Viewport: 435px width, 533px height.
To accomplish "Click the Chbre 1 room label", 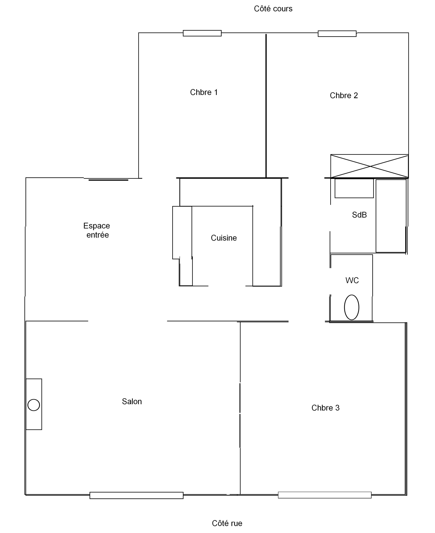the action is point(204,92).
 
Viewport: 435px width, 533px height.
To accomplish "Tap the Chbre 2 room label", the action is point(344,95).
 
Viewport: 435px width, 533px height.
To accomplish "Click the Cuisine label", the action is point(224,238).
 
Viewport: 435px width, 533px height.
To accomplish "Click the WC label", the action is point(352,280).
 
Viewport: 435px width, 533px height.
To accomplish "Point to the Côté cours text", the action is point(273,9).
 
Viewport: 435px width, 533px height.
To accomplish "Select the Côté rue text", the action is point(227,523).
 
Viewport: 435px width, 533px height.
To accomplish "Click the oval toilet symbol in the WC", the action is point(352,307).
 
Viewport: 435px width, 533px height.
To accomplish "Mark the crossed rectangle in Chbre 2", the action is point(369,166).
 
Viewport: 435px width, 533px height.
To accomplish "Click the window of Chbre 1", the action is point(202,33).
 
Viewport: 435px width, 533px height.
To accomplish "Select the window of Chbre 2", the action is point(337,34).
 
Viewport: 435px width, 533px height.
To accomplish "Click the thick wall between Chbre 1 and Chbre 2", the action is point(266,106).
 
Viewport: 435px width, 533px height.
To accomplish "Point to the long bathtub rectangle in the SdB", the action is point(391,216).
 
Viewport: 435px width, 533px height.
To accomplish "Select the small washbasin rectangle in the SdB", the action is point(354,188).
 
